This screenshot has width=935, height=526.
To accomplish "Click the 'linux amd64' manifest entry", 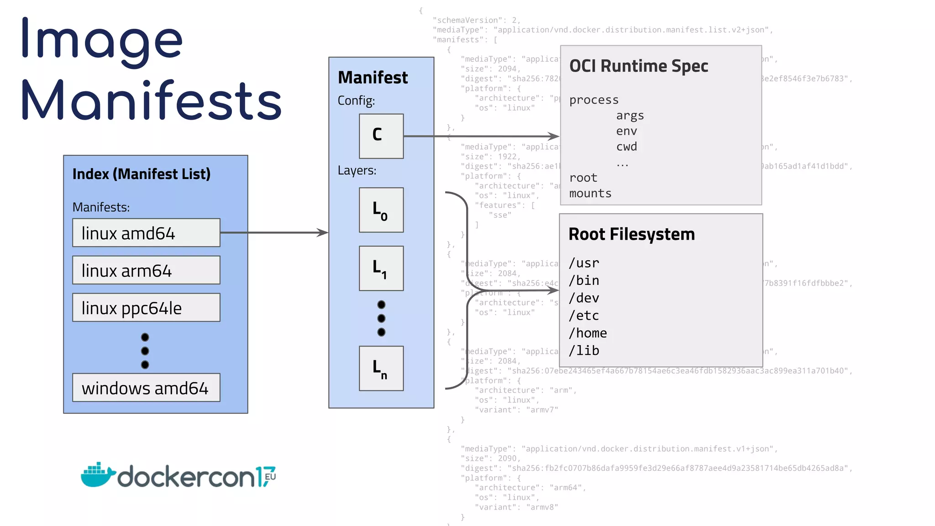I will coord(146,233).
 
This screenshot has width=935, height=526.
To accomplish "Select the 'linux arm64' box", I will coord(146,270).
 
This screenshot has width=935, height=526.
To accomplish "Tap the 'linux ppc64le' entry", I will coord(146,308).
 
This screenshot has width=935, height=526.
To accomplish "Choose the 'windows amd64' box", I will coord(146,388).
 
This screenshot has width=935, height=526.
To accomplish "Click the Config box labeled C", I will coord(381,136).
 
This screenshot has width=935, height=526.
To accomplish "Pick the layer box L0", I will coord(381,210).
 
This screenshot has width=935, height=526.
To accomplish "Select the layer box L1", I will coord(381,268).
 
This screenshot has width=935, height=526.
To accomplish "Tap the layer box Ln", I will coord(381,368).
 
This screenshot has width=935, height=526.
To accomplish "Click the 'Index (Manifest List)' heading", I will coord(142,174).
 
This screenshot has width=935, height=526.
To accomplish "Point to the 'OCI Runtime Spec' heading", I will coord(639,66).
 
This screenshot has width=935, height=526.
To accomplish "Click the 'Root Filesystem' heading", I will coord(631,234).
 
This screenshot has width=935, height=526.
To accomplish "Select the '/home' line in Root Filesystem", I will coord(588,333).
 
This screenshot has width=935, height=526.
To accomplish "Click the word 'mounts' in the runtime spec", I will coord(590,194).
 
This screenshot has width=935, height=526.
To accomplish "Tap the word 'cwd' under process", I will coord(626,147).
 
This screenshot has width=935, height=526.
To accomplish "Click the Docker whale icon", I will coord(97,475).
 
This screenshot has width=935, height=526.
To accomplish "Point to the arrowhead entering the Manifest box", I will coord(324,233).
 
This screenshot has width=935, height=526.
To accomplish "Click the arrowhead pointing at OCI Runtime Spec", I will coord(554,136).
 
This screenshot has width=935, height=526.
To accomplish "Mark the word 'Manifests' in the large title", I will coord(151,100).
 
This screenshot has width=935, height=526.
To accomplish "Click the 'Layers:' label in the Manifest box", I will coord(357,171).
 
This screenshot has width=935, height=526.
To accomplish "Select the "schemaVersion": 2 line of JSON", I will coord(476,20).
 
